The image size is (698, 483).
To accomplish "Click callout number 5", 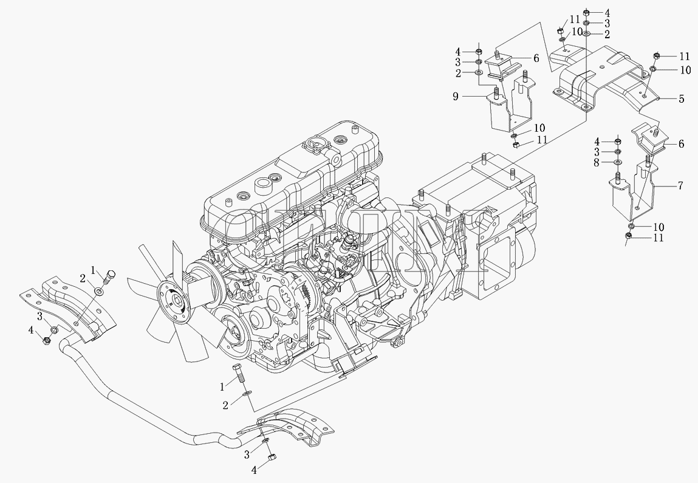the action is pos(682,98).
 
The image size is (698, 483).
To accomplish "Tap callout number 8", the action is pos(597,163).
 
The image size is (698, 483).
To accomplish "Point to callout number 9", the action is pos(456,96).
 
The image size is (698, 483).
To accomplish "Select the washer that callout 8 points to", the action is pos(618,162).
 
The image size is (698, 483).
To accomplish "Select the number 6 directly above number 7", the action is pos(681,144).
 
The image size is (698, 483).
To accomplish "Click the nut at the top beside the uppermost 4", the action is pos(586,12).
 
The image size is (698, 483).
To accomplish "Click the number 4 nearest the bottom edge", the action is pos(254,469).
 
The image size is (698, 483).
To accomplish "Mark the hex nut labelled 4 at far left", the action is pos(46,341).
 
